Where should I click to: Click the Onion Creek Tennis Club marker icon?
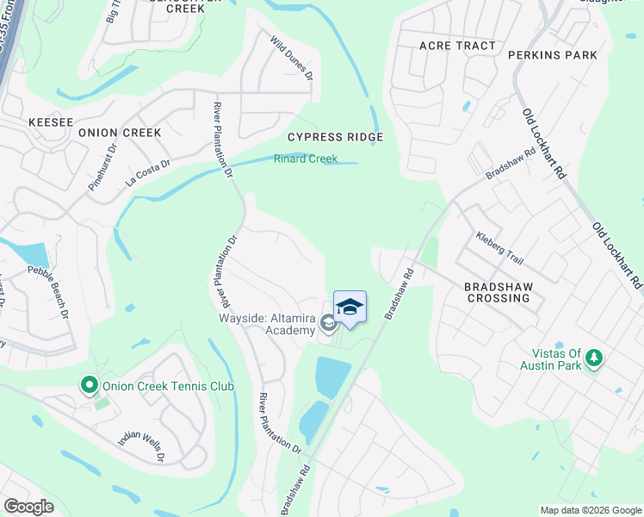pos(88,385)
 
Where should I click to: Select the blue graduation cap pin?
pos(350,308)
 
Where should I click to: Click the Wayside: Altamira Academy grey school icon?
pos(327,323)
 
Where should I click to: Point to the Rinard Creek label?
pos(306,159)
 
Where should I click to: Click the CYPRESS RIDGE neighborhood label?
pos(335,137)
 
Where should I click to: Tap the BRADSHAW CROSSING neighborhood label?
pos(498,292)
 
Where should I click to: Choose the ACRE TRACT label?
pos(457,46)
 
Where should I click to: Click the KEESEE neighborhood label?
pos(51,122)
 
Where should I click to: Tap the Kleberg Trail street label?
pos(499,248)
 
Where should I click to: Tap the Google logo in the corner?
pos(29,506)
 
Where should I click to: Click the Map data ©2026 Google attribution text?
pos(590,510)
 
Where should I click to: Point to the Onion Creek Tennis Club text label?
pos(168,386)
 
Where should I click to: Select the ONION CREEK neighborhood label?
pos(120,133)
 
